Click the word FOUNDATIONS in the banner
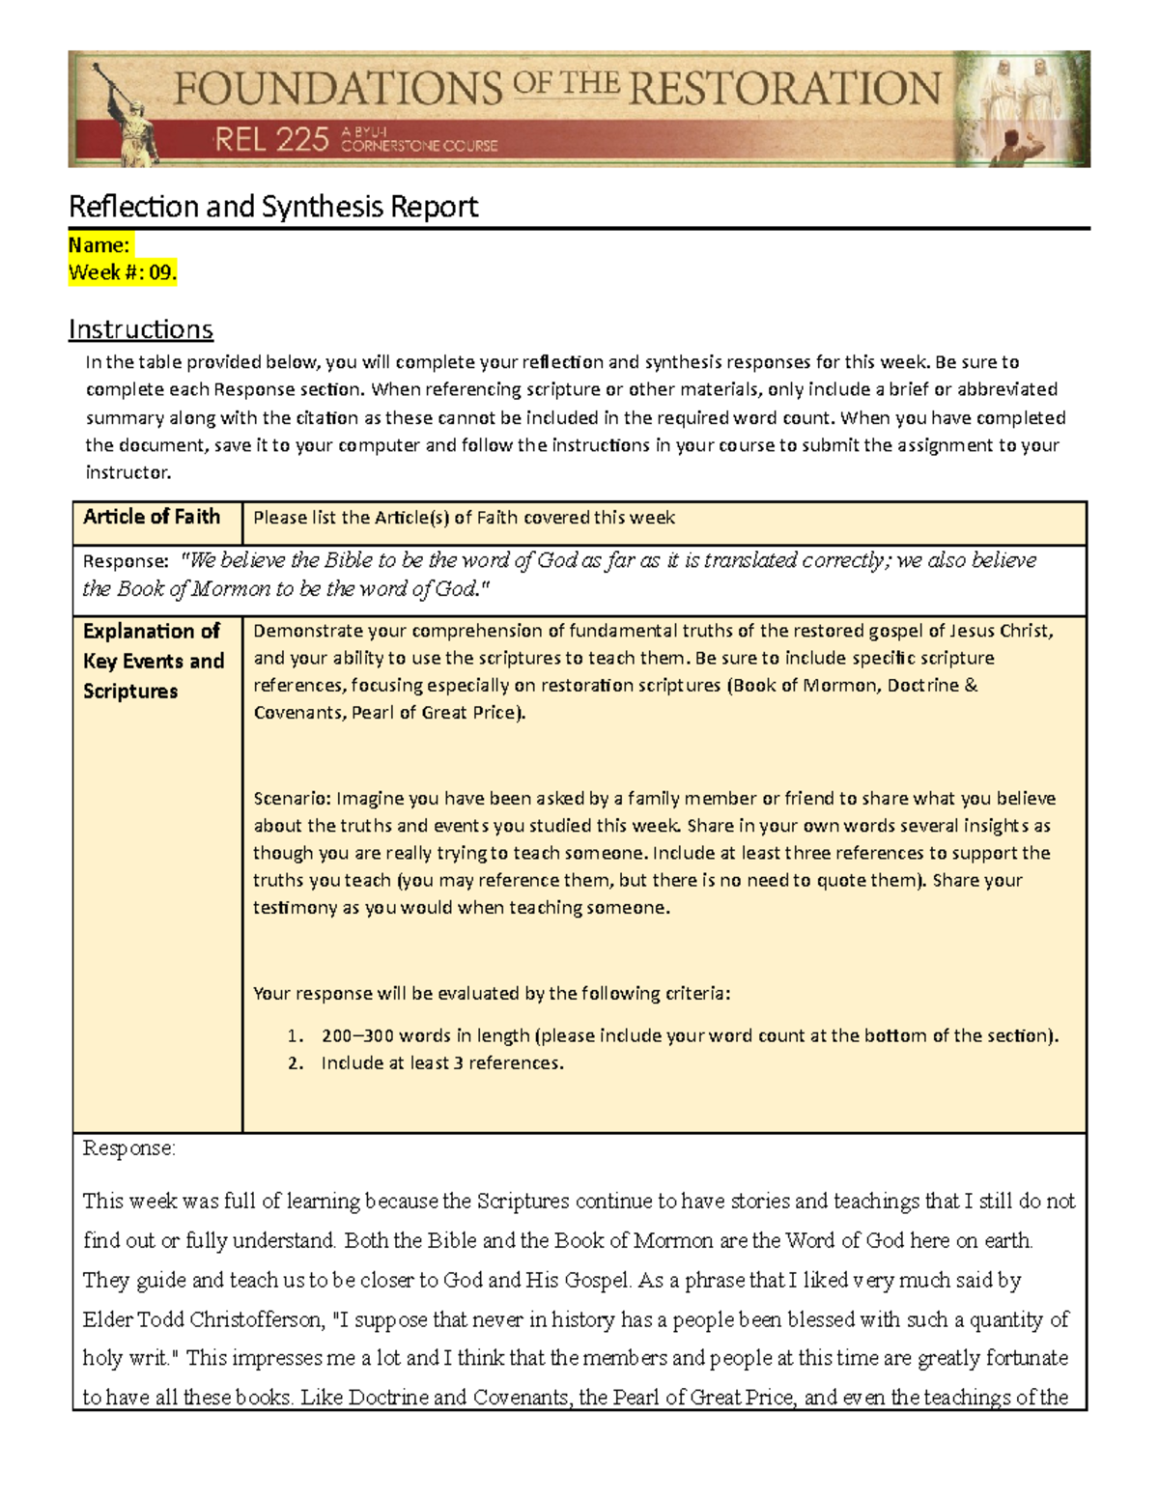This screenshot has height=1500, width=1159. [x=338, y=89]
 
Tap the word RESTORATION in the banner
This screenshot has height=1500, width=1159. [x=784, y=89]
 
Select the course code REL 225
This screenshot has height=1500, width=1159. [x=271, y=141]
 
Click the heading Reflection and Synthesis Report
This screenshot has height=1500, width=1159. [x=273, y=207]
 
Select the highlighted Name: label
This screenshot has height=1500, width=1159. [x=99, y=245]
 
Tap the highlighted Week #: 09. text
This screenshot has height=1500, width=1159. [x=123, y=273]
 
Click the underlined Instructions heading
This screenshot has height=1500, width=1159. [x=140, y=329]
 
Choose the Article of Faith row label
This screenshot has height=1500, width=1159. [x=152, y=517]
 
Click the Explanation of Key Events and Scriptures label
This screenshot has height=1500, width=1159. [x=154, y=661]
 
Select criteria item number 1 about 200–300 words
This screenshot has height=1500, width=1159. [x=690, y=1035]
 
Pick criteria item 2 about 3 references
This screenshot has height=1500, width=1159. [x=441, y=1063]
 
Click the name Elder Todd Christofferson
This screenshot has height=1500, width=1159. [x=203, y=1319]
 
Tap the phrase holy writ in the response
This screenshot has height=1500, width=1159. [x=127, y=1358]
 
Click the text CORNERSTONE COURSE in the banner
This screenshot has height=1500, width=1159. [x=419, y=147]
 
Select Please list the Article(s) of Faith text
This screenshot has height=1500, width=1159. [x=464, y=518]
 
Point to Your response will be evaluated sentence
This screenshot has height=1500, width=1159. [x=492, y=994]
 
